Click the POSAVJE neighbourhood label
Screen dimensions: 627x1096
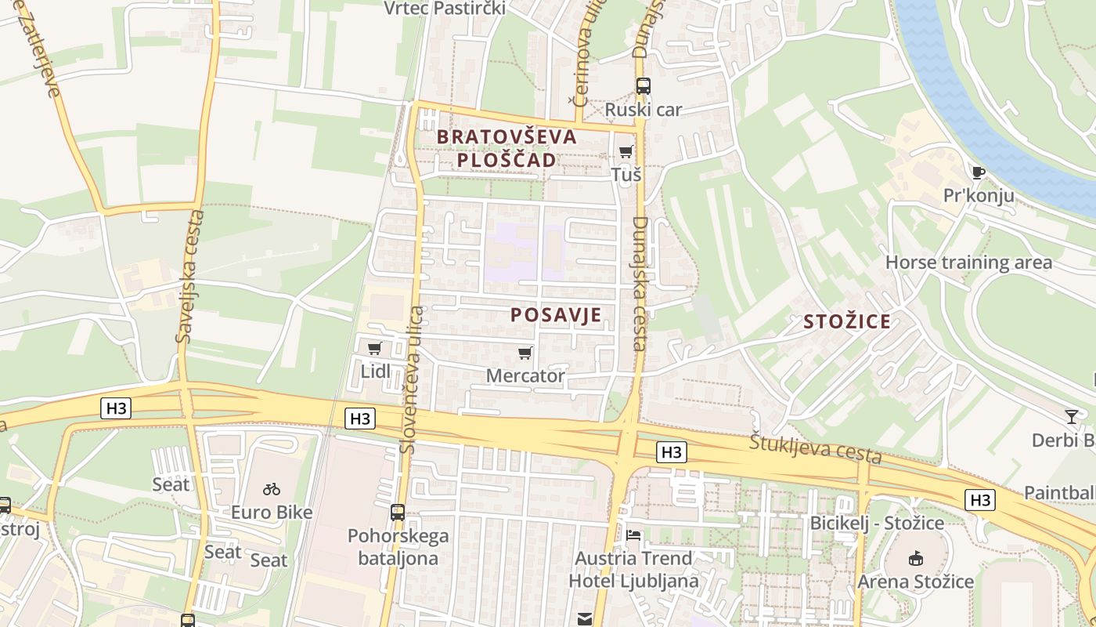tap(556, 315)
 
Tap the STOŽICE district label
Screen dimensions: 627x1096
tap(847, 321)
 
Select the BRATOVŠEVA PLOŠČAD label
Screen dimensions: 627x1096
tap(506, 148)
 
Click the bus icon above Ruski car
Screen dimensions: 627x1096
tap(644, 86)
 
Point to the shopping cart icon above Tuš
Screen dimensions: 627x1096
tap(626, 152)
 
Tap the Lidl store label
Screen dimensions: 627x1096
tap(375, 371)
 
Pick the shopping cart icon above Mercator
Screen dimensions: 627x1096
tap(525, 353)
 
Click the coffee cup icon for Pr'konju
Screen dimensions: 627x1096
tap(977, 172)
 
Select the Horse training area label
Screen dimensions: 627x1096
tap(968, 263)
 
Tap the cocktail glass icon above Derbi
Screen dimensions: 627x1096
tap(1071, 417)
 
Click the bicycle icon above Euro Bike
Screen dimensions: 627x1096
tap(272, 490)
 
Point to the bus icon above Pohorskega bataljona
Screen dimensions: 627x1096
tap(398, 513)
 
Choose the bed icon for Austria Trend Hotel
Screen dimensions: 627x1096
tap(633, 536)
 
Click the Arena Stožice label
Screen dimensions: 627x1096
tap(915, 582)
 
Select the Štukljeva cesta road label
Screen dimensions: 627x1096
tap(815, 448)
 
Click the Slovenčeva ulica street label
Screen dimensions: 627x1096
tap(412, 380)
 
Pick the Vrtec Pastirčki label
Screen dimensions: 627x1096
tap(445, 9)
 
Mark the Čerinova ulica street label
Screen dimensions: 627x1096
tap(583, 55)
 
